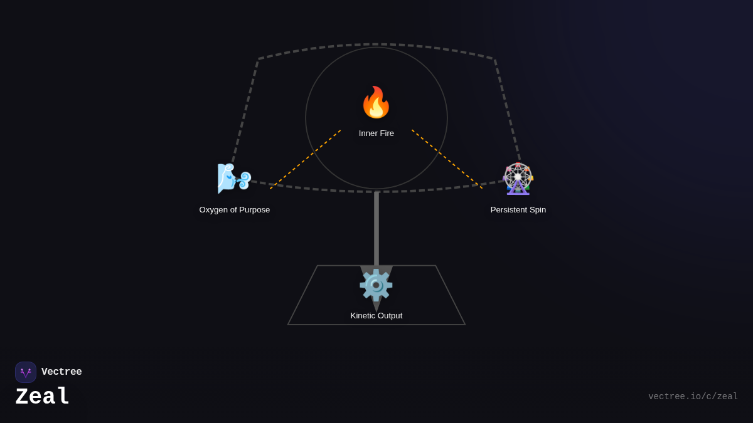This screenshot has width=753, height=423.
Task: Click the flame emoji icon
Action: point(376,103)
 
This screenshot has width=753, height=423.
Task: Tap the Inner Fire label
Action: point(376,133)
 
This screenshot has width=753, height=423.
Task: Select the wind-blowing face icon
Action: point(234,179)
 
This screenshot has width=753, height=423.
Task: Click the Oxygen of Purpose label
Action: point(235,210)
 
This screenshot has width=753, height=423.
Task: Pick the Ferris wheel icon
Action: point(518,179)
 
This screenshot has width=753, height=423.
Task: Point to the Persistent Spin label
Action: point(518,210)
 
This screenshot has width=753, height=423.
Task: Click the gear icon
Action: point(376,285)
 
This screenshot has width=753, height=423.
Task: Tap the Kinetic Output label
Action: point(376,316)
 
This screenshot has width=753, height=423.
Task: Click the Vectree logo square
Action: point(26,372)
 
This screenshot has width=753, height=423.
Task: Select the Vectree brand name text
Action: point(61,372)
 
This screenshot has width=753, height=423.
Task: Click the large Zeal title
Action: point(43,397)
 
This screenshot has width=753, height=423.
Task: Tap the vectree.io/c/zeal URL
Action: point(693,397)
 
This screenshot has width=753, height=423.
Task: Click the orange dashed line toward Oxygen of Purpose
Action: point(306,159)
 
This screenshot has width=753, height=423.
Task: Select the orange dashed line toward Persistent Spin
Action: point(447,159)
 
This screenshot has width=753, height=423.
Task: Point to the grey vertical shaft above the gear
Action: point(376,229)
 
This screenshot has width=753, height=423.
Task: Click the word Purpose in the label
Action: point(252,210)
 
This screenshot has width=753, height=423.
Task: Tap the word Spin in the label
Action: point(537,210)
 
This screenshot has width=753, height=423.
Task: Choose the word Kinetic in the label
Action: point(364,316)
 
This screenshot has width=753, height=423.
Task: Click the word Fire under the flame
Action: point(386,133)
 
